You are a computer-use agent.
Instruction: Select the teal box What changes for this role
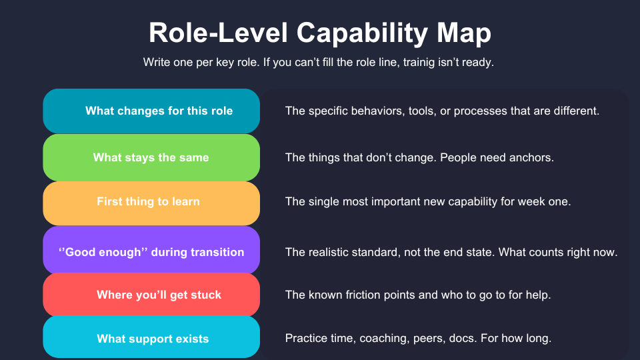pos(151,111)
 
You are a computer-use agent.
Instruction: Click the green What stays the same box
pos(151,157)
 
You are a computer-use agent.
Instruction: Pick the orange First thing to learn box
pos(151,201)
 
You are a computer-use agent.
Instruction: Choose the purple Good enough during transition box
pos(151,252)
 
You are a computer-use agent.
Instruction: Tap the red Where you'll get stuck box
pos(151,295)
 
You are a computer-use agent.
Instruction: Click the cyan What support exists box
pos(151,339)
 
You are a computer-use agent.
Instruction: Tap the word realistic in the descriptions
pos(332,253)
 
